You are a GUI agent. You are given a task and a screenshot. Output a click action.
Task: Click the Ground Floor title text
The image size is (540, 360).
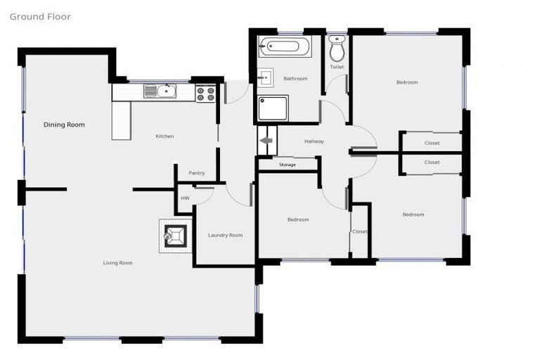tap(40, 16)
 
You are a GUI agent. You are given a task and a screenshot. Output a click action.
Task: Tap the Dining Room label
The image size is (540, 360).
tap(64, 124)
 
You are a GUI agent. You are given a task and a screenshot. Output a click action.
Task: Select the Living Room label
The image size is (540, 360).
tap(117, 263)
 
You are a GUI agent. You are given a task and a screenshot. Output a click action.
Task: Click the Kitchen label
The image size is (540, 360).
tap(165, 136)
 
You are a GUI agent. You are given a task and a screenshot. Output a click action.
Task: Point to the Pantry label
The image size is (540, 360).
tap(197, 173)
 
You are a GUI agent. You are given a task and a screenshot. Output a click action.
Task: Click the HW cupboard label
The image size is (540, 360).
tap(185, 198)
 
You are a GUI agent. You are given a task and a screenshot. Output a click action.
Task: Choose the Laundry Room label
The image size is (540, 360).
tap(225, 235)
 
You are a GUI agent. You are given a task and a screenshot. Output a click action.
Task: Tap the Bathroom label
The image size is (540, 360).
tap(295, 79)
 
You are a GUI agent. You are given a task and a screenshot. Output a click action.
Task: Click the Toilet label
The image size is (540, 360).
tap(337, 67)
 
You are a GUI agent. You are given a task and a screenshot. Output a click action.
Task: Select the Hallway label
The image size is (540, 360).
tap(314, 141)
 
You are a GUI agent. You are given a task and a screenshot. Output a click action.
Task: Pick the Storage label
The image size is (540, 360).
tap(287, 165)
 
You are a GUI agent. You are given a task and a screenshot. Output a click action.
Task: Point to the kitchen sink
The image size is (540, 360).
tap(161, 90)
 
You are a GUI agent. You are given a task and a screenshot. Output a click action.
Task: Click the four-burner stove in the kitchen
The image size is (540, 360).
tap(205, 93)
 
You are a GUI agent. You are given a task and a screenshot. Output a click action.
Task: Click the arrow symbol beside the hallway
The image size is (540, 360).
tap(267, 141)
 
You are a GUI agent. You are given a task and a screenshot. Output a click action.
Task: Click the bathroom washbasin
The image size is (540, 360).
tap(266, 77)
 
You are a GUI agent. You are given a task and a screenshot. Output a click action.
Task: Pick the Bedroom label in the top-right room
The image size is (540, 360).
tap(406, 82)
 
